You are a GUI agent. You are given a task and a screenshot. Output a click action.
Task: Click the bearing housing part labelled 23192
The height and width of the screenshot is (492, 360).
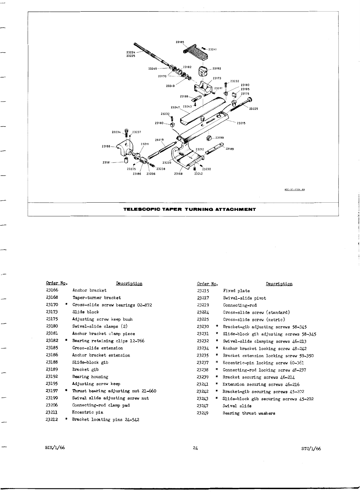click(203, 72)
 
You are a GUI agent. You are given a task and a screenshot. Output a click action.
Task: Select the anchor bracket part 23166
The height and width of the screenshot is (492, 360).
click(126, 147)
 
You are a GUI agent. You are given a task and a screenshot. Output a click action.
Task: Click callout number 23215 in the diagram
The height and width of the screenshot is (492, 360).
click(241, 123)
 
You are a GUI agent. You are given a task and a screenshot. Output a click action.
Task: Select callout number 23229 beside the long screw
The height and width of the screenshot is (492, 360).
click(254, 109)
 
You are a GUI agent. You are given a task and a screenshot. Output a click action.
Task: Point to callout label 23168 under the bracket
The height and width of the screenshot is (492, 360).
click(178, 174)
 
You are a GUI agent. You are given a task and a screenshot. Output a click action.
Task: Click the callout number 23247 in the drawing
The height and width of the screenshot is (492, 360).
click(175, 107)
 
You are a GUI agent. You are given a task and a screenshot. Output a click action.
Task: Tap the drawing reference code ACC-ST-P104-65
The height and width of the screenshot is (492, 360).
click(294, 189)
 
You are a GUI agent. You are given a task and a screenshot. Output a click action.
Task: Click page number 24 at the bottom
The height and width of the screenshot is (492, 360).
click(195, 448)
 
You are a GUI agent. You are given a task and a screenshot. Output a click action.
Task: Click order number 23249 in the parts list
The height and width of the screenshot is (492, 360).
click(203, 413)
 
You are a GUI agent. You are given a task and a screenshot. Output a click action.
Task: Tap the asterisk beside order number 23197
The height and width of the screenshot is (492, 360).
click(66, 391)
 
